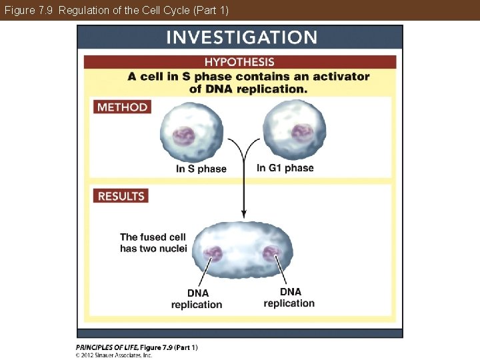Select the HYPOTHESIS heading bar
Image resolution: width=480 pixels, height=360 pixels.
[x=239, y=62]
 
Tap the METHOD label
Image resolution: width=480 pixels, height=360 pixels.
[x=122, y=107]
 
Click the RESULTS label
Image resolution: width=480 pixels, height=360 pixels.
[x=121, y=196]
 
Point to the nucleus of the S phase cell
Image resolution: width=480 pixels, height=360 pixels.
[x=185, y=136]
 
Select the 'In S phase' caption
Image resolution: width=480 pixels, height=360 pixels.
[x=201, y=169]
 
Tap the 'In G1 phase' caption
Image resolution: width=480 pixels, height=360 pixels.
[x=285, y=168]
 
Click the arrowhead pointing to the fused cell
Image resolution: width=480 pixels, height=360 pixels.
[x=244, y=214]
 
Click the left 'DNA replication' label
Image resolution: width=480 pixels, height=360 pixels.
[x=197, y=299]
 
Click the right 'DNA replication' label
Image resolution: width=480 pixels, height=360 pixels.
[x=289, y=297]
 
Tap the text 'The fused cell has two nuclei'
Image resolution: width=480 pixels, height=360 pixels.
[x=153, y=243]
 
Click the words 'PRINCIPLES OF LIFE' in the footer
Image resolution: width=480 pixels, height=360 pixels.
[x=107, y=347]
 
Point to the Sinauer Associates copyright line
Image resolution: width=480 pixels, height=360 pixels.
[x=114, y=355]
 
